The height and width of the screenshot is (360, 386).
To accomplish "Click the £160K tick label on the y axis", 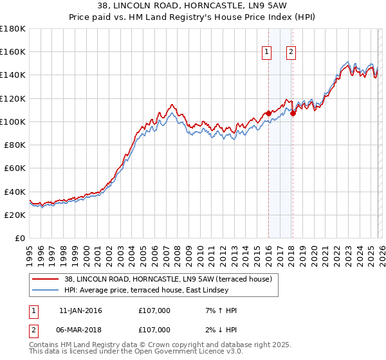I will (x=13, y=51).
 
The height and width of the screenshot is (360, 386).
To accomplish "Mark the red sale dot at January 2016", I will (x=268, y=114).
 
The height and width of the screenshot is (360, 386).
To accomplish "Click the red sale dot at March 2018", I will (x=292, y=114).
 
